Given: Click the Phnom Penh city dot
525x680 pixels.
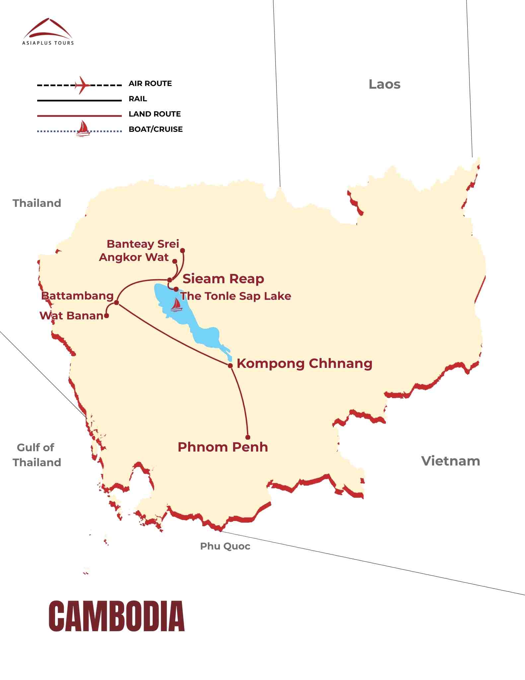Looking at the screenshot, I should click(248, 437).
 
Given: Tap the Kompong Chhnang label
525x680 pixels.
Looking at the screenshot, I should click(304, 364).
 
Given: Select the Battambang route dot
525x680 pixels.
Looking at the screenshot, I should click(116, 302).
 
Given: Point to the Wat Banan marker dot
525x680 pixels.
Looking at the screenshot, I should click(107, 316).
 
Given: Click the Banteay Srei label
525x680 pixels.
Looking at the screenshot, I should click(143, 244).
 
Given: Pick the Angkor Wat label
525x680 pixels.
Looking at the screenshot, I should click(134, 257).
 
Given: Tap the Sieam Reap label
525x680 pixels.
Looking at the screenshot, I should click(223, 279).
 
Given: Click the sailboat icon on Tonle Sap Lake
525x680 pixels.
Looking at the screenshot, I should click(176, 305).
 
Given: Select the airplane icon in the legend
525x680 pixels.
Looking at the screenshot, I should click(82, 85).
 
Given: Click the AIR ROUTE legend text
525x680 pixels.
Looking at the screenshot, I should click(150, 84).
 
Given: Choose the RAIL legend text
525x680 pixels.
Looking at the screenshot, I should click(138, 99).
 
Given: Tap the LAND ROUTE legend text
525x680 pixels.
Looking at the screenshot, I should click(155, 114).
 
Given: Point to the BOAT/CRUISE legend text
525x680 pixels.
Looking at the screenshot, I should click(156, 129).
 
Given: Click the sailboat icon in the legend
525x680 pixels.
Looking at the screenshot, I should click(83, 129).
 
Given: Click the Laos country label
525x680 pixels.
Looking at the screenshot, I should click(384, 84).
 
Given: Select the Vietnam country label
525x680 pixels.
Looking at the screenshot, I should click(450, 461).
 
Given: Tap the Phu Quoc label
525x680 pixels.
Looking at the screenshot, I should click(225, 546).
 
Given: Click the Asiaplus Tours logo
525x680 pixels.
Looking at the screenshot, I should click(48, 32).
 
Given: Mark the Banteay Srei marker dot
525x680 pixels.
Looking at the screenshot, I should click(182, 250).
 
